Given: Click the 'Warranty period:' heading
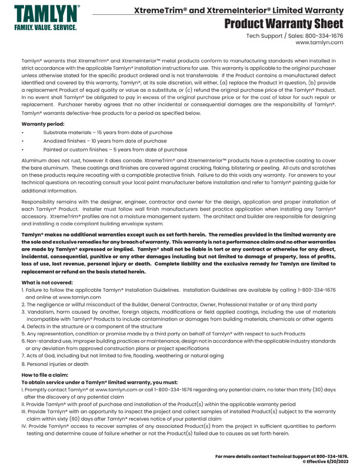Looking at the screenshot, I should (41, 125).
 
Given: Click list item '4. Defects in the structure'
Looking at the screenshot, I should (91, 325).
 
